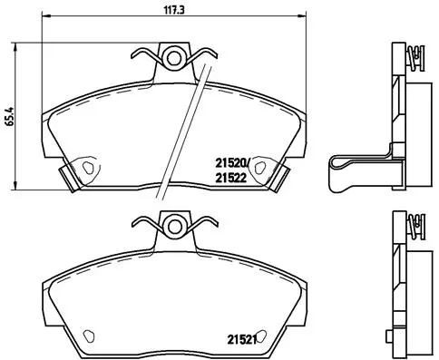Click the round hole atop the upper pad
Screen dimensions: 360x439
click(x=172, y=59)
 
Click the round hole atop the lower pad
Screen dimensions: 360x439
click(x=172, y=227)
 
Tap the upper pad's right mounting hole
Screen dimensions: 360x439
click(x=260, y=166)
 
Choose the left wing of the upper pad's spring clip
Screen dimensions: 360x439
click(x=143, y=56)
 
